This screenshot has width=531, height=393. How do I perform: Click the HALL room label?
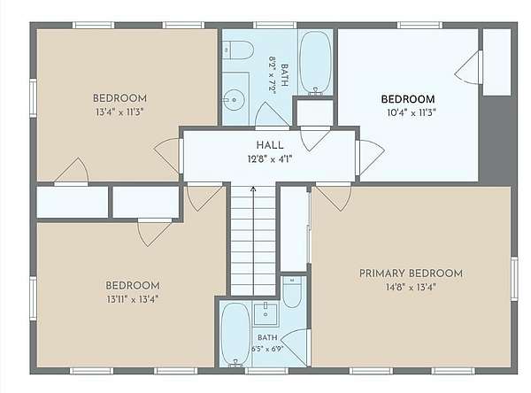click(270, 145)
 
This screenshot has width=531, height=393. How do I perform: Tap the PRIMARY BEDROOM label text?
click(411, 274)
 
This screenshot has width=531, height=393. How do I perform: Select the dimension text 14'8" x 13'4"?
click(411, 288)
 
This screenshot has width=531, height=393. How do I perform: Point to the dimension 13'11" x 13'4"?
click(133, 299)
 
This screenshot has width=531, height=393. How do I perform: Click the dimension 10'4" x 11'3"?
click(412, 112)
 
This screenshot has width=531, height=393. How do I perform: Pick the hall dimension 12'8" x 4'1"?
click(270, 159)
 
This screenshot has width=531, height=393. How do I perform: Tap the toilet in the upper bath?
click(238, 50)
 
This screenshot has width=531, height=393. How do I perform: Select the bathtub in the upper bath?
click(315, 62)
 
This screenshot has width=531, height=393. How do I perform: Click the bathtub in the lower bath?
click(235, 335)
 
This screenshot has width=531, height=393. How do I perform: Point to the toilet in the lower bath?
click(292, 291)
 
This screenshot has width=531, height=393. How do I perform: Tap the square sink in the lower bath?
click(265, 314)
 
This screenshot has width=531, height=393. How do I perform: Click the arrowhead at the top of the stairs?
click(253, 189)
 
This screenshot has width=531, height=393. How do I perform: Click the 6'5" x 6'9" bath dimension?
click(267, 349)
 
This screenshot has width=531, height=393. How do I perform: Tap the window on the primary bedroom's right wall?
click(514, 279)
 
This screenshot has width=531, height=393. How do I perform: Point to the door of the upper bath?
click(272, 115)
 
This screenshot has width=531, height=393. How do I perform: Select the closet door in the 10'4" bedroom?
click(469, 67)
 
